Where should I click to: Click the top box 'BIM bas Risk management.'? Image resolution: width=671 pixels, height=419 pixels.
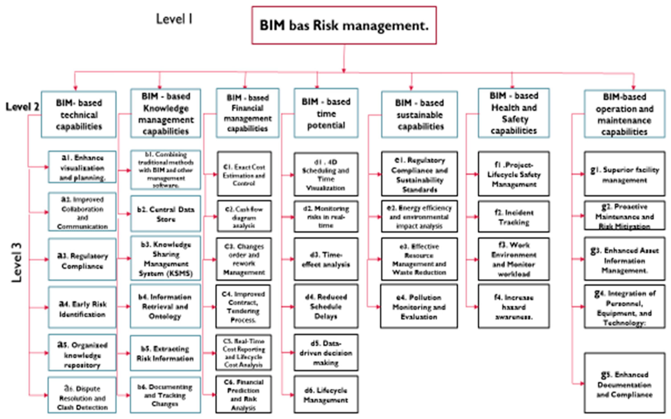click(344, 25)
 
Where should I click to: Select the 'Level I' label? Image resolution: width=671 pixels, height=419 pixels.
click(174, 19)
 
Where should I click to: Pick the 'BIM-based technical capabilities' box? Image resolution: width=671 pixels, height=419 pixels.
click(79, 115)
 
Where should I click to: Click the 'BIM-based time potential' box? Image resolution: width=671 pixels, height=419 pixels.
click(326, 113)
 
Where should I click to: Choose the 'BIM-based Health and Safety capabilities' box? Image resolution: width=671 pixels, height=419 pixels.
click(514, 113)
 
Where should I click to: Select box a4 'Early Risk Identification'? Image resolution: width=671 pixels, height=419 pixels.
click(82, 307)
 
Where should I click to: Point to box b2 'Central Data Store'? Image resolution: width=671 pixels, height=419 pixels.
click(166, 214)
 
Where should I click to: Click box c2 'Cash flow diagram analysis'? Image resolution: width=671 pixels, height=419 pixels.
click(244, 216)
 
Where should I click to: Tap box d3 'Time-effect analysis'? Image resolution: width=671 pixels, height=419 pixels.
click(326, 259)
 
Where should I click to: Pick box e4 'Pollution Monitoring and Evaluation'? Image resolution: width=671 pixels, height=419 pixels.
click(419, 306)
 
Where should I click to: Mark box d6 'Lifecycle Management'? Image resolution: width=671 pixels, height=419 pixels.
click(326, 395)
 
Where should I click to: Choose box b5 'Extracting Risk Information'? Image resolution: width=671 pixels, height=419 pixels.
click(165, 353)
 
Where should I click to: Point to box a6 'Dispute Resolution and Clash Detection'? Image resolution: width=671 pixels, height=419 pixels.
click(82, 395)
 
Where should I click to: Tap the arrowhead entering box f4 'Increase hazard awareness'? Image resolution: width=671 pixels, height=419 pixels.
click(476, 307)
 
